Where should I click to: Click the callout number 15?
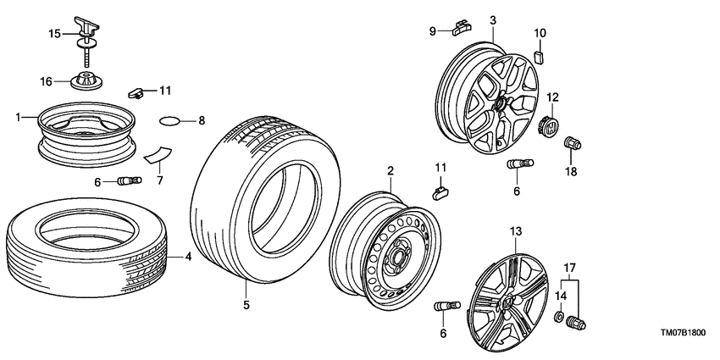point(54,34)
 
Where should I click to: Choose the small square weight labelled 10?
point(540,58)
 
